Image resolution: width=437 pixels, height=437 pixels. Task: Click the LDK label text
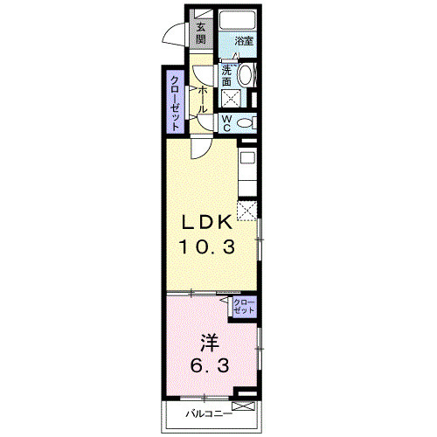207,224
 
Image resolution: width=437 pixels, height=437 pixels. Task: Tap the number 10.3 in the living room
207,247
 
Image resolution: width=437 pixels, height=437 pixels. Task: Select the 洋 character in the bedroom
207,342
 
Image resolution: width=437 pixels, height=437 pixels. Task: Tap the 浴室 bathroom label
243,41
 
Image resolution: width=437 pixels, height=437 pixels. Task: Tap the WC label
226,122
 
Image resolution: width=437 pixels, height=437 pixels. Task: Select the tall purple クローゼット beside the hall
175,102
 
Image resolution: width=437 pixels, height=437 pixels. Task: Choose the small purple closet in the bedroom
245,306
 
